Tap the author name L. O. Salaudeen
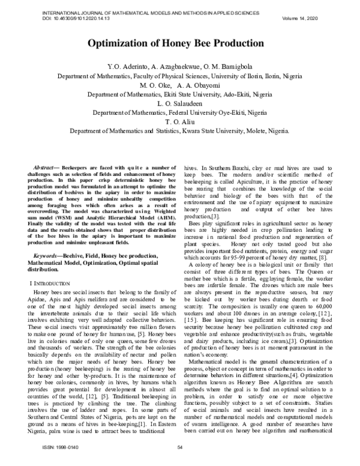[181, 103]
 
